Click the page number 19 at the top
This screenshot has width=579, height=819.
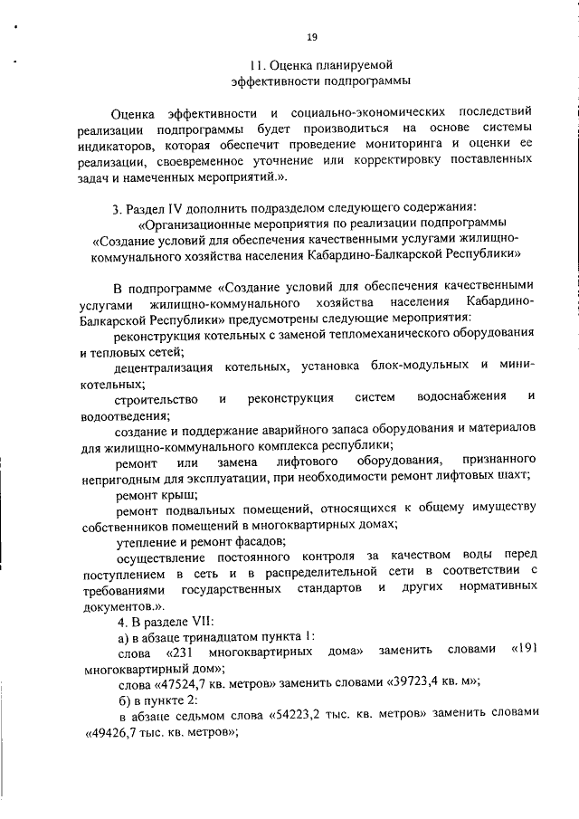coord(311,36)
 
